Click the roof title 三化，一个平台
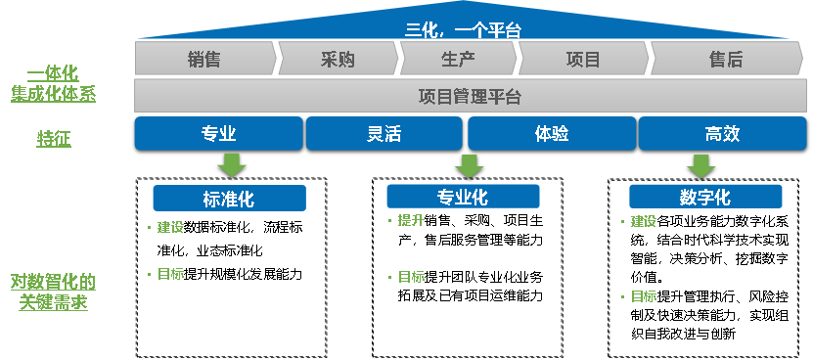click(463, 30)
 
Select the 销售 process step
click(204, 60)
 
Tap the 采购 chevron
click(338, 60)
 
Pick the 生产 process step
click(458, 60)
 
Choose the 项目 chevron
click(583, 60)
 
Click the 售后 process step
click(725, 60)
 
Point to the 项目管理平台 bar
click(469, 96)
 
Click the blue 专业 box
click(218, 134)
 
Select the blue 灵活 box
click(384, 134)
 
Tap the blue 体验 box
click(552, 134)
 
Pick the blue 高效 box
click(722, 134)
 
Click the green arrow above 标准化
click(230, 165)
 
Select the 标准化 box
click(229, 199)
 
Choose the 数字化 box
click(704, 197)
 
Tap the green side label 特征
click(54, 139)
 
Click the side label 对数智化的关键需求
click(54, 292)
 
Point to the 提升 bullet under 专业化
click(410, 220)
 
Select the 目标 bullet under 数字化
click(643, 296)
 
